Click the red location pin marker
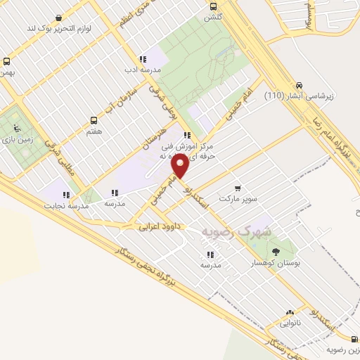click(181, 167)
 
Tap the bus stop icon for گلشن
click(213, 6)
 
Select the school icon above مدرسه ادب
click(143, 60)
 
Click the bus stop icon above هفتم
click(94, 121)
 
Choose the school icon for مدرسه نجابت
click(66, 195)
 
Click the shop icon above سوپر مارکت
click(237, 188)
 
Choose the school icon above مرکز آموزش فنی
click(186, 135)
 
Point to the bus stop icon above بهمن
click(6, 61)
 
